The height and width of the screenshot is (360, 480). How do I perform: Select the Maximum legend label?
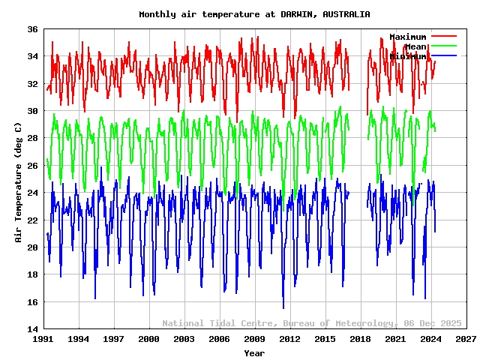pos(407,37)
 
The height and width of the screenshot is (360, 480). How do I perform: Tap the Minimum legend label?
pos(407,56)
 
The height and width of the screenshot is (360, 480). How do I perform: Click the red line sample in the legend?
pos(444,36)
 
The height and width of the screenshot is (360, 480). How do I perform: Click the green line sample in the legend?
pos(444,46)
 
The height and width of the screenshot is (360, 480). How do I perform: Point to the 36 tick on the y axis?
pos(34,29)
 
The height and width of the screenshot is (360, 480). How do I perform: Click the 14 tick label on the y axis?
pos(34,329)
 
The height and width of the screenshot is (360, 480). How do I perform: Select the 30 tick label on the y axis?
pos(34,111)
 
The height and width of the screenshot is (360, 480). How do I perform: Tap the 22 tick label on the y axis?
pos(34,220)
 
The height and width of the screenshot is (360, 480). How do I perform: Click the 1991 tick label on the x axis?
pos(43,339)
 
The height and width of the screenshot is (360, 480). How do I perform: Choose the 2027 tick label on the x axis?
pos(466,339)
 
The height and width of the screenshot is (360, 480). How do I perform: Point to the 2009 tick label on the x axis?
pos(254,339)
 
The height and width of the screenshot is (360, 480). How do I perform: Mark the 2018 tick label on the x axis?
pos(360,339)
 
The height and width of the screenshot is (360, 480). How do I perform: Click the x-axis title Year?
pos(254,352)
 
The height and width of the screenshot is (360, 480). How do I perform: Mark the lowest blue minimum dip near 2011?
pos(283,307)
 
